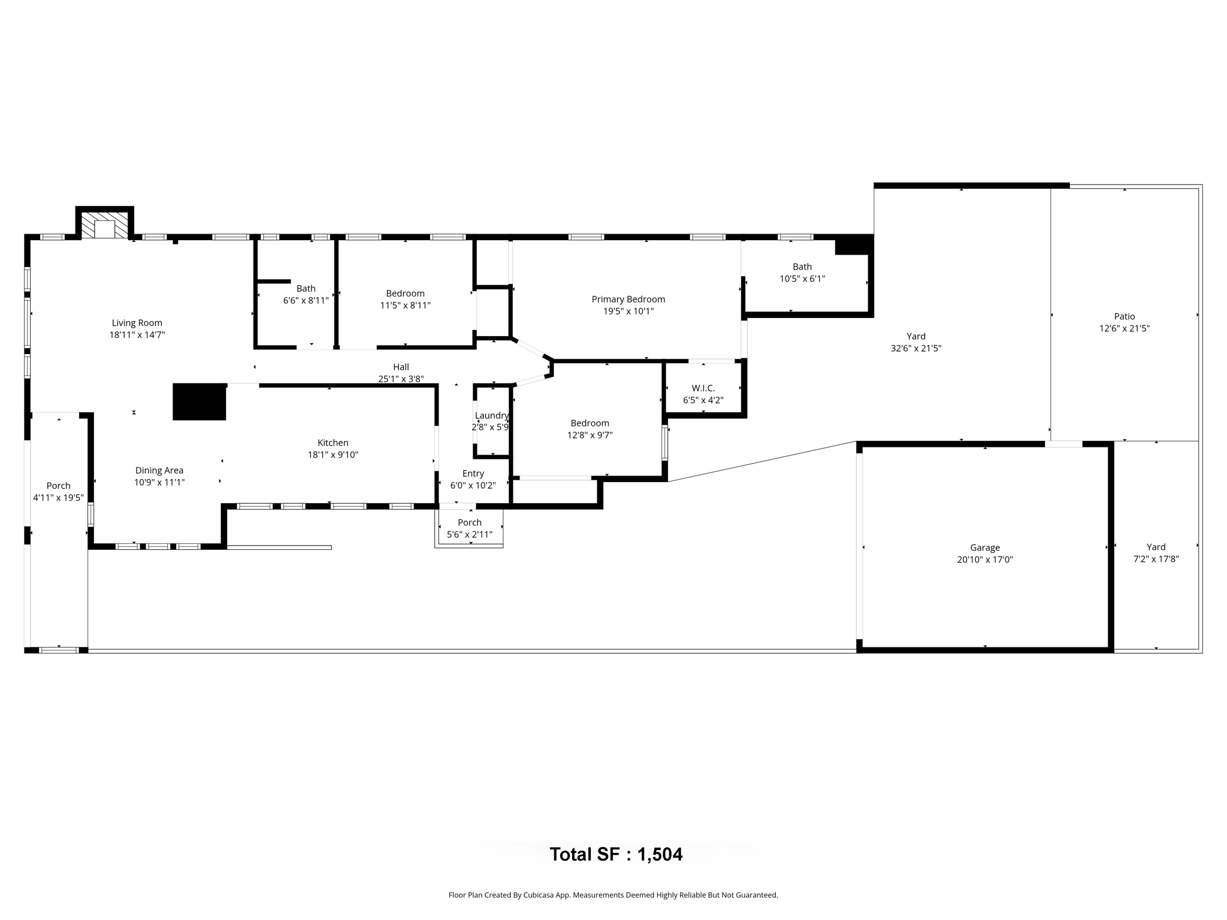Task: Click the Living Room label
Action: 137,323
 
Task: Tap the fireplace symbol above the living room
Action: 104,226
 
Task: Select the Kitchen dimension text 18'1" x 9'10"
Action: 333,455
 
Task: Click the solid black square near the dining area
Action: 200,402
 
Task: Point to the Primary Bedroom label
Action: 628,299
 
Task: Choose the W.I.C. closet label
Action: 703,388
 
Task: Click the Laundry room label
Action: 491,416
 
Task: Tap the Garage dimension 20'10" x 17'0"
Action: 984,559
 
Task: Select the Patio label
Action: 1124,316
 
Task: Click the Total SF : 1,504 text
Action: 616,854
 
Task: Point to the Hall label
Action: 401,367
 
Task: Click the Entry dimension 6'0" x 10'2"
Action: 473,485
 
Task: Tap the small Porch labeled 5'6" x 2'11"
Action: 469,528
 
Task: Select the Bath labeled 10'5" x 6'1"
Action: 802,273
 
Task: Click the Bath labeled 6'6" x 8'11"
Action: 306,294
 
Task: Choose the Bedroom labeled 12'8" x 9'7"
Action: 590,429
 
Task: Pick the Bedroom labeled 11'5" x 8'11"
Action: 405,299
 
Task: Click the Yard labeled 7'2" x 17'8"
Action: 1156,553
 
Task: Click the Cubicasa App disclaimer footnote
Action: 613,895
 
